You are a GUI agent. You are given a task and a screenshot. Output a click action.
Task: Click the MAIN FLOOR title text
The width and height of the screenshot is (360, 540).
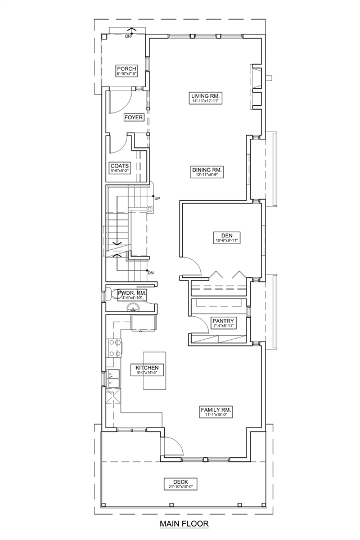coord(184,524)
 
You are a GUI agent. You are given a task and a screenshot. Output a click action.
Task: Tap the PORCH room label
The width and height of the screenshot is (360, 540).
coord(127,69)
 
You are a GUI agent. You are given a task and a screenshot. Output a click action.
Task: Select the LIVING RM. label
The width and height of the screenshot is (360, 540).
coord(206,96)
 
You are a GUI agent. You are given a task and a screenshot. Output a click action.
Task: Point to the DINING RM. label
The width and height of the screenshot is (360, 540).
coord(208,170)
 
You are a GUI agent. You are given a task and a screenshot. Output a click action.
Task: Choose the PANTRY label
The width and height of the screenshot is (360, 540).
coord(223,321)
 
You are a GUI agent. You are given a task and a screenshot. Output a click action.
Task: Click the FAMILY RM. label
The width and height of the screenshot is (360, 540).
coord(217,410)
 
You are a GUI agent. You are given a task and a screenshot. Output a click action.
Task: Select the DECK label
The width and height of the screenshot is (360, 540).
coord(181,482)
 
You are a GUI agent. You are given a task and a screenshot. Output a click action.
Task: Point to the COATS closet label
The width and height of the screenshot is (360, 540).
coord(120,166)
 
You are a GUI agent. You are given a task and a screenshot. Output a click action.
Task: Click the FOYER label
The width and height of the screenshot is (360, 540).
coord(134,118)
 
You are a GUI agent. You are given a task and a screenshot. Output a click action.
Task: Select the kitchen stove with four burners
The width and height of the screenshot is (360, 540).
coord(115,348)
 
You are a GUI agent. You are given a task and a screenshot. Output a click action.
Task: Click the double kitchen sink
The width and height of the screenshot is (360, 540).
coord(113,379)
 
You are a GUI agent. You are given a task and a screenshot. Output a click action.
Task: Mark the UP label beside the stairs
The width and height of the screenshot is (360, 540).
coord(157,199)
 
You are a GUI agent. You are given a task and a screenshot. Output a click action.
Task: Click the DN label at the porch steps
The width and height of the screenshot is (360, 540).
coord(128,36)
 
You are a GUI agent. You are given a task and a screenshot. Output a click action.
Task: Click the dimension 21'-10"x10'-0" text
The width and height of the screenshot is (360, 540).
coord(181,487)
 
